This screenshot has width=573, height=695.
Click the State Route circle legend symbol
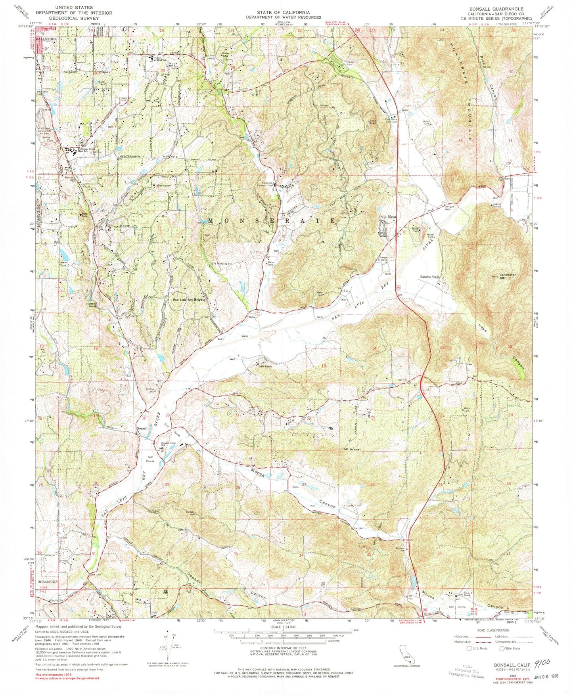[502, 649]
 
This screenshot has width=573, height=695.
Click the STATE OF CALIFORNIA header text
[283, 12]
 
